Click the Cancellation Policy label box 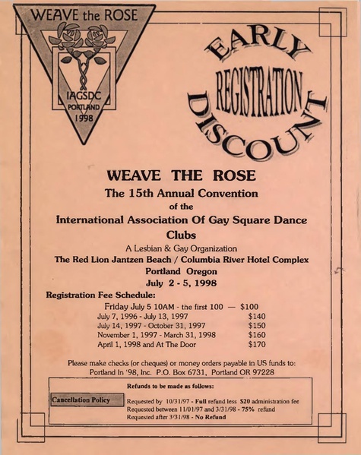81,399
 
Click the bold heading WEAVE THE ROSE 181,175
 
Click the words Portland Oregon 181,271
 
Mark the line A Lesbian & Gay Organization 181,248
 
